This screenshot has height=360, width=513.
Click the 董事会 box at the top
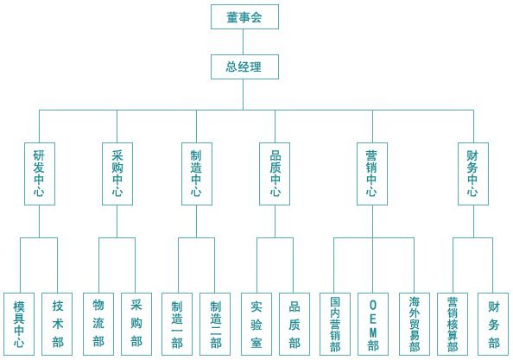coord(244,16)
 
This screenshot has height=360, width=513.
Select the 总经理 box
coord(244,66)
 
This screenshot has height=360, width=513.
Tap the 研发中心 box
coord(40,174)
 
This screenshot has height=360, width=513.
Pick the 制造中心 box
coord(197,174)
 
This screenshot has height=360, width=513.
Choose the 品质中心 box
coord(275,174)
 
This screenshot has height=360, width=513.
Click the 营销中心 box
coord(372,174)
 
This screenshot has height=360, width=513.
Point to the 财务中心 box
coord(473,174)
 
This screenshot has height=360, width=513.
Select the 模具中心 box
coord(19,324)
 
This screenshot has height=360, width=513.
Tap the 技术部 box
coord(57,324)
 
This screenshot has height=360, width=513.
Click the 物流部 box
coord(98,324)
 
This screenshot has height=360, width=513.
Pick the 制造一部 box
coord(177,324)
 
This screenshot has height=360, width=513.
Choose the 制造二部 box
coord(215,324)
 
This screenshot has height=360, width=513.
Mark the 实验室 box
coord(256,324)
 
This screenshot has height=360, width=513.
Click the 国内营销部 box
coord(335,324)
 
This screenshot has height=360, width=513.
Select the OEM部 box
coord(373,324)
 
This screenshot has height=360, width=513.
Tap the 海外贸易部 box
coord(415,324)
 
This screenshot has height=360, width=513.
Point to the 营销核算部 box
coord(453,324)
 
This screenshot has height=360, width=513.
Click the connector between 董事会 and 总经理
coord(243,41)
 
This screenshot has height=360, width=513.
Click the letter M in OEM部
coord(373,332)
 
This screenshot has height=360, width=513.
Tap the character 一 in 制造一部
coord(177,331)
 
